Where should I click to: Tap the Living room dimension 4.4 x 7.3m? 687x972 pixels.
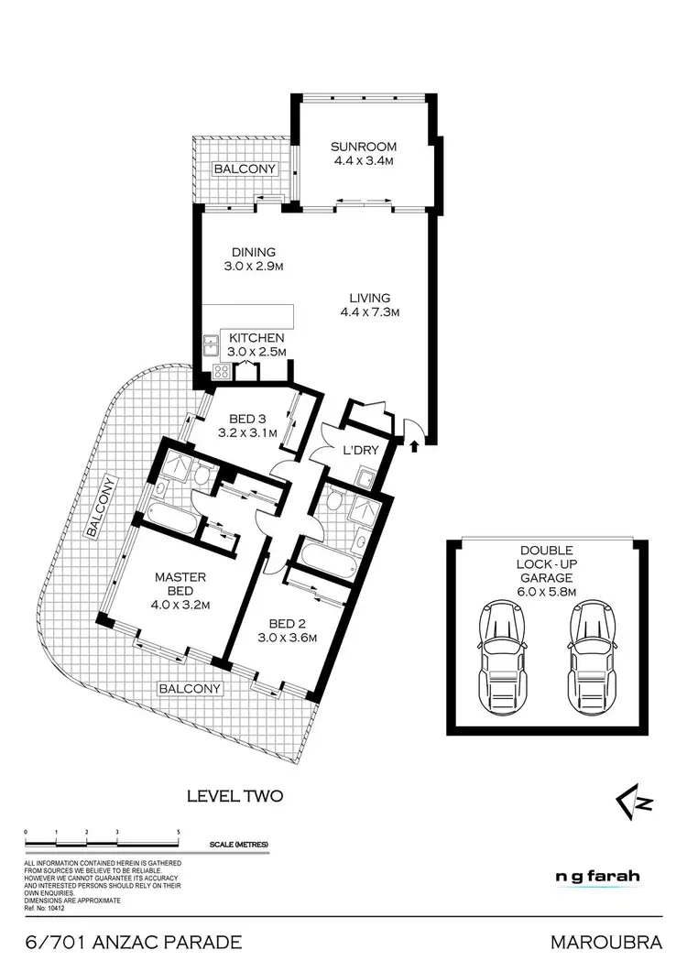(x=369, y=312)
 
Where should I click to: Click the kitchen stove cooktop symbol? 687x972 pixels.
(x=220, y=370)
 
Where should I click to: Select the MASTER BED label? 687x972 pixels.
(x=180, y=584)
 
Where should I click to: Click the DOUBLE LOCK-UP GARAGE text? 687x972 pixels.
(x=544, y=565)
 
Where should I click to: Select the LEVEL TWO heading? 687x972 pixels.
(x=234, y=796)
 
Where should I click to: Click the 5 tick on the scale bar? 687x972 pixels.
(x=178, y=831)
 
